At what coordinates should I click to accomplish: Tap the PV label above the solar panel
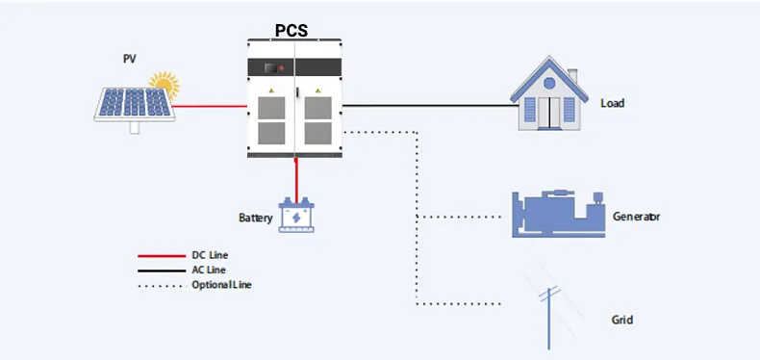tap(129, 59)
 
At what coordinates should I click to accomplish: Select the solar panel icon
tap(134, 104)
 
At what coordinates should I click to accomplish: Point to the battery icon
tap(296, 216)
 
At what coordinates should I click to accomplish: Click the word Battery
tap(256, 219)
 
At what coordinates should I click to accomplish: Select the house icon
tap(548, 98)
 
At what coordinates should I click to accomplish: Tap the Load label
tap(613, 103)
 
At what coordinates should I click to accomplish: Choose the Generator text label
tap(636, 217)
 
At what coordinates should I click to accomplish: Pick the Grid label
tap(622, 319)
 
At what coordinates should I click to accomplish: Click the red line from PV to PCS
tap(212, 105)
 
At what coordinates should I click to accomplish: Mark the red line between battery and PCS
tap(296, 178)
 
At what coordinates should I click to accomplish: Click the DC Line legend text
tap(209, 255)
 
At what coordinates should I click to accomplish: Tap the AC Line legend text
tap(209, 270)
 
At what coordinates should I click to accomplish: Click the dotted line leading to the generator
tap(462, 217)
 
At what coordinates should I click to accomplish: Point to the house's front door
tap(548, 110)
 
